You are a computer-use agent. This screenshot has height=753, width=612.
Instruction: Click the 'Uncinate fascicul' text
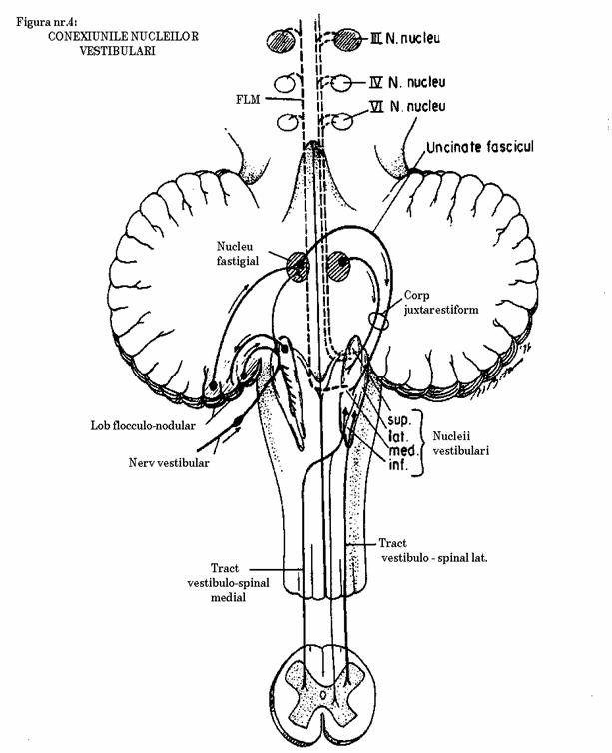[480, 147]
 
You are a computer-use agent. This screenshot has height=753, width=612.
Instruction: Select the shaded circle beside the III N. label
[347, 39]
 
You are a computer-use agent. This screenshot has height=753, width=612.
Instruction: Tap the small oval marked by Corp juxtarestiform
[380, 321]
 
